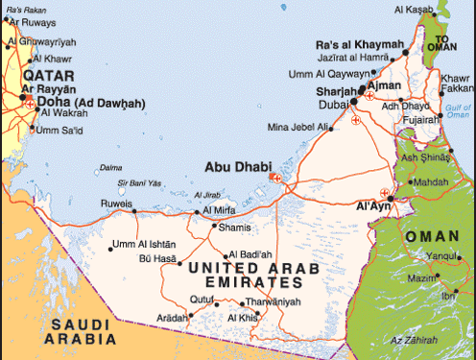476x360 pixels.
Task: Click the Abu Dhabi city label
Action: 236,165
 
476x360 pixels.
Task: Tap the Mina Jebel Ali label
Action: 299,127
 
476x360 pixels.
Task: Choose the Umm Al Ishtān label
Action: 144,244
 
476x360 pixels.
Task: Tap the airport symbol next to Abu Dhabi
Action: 276,177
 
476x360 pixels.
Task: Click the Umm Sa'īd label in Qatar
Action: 59,130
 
